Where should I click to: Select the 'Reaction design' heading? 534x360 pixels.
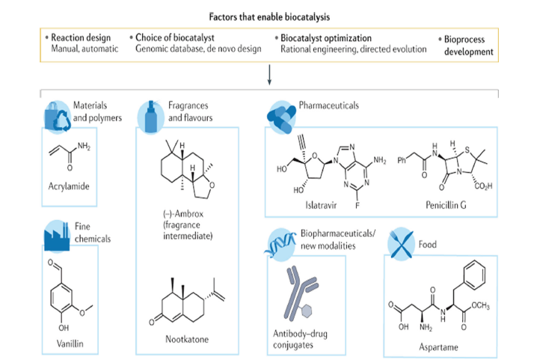pos(79,37)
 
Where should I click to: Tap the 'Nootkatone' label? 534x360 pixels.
pos(185,338)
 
